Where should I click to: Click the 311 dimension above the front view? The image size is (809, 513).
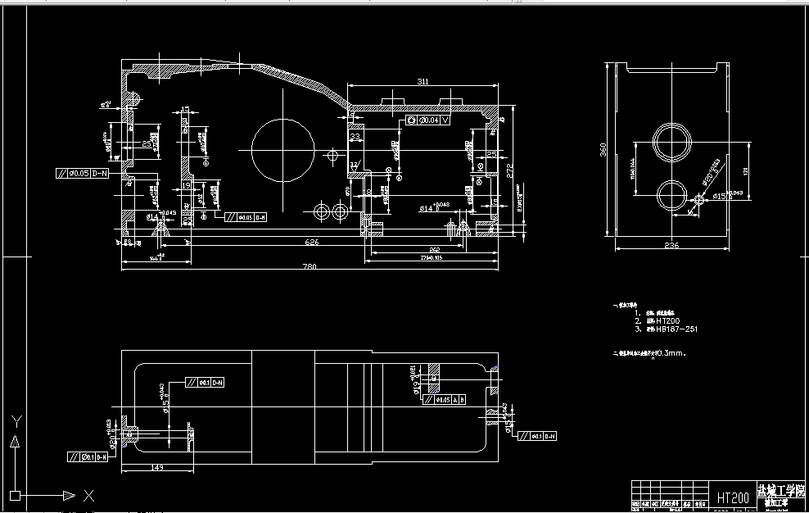coord(423,82)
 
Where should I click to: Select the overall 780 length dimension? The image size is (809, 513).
coord(310,266)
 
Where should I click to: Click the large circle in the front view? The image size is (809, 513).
coord(283,151)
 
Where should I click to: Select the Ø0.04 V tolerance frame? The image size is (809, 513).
coord(428,120)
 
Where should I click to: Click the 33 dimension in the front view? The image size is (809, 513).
coord(355,138)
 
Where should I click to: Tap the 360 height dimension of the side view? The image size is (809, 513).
coord(603,149)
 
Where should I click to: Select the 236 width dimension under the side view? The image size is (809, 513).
coord(671,245)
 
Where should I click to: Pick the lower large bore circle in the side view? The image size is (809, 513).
coord(673,195)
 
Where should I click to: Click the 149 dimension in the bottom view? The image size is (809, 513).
coord(156,468)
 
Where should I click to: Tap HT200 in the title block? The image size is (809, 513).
coord(733,497)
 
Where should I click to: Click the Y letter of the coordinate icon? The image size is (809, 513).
coord(15,422)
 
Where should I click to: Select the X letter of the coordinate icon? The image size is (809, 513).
coord(89,496)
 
